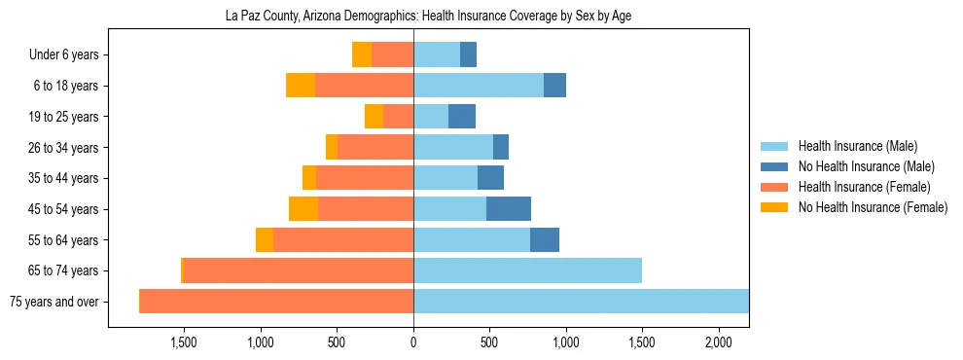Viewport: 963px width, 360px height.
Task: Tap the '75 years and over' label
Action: pyautogui.click(x=53, y=302)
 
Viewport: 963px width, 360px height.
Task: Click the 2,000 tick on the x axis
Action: pyautogui.click(x=718, y=342)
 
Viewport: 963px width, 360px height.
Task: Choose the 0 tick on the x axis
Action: pyautogui.click(x=413, y=342)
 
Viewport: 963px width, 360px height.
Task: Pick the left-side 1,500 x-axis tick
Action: pyautogui.click(x=184, y=342)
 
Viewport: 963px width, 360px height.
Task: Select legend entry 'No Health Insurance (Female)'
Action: pyautogui.click(x=873, y=207)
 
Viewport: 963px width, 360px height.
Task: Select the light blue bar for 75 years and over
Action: pyautogui.click(x=581, y=302)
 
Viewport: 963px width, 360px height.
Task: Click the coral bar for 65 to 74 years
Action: pyautogui.click(x=299, y=270)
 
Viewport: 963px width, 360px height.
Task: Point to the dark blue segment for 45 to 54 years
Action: pyautogui.click(x=509, y=209)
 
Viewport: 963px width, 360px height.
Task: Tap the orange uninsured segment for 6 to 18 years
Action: pyautogui.click(x=301, y=86)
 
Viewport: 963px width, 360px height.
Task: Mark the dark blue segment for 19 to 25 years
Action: pyautogui.click(x=462, y=117)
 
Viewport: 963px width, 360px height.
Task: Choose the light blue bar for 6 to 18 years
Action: pyautogui.click(x=479, y=86)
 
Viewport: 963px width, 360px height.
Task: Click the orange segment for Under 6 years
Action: pyautogui.click(x=362, y=55)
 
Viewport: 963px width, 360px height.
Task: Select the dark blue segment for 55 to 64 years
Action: pyautogui.click(x=545, y=240)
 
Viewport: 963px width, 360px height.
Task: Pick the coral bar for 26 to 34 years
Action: pyautogui.click(x=375, y=148)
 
